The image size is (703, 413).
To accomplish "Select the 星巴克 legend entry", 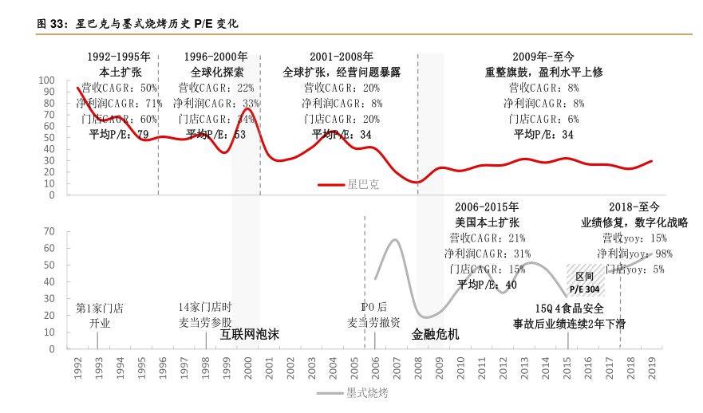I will pyautogui.click(x=349, y=184).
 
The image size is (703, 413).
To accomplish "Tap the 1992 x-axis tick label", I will pyautogui.click(x=77, y=370).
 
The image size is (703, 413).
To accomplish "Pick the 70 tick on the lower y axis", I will pyautogui.click(x=49, y=232).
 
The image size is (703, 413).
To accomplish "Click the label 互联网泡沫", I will pyautogui.click(x=250, y=335).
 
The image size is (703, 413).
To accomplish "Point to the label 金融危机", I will pyautogui.click(x=435, y=335).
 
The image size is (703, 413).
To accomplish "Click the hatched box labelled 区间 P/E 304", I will pyautogui.click(x=586, y=281).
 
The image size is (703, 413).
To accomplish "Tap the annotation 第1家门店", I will pyautogui.click(x=99, y=308).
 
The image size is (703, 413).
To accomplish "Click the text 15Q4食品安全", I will pyautogui.click(x=569, y=309).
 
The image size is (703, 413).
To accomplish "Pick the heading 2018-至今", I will pyautogui.click(x=634, y=206).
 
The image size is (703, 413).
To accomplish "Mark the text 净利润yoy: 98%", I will pyautogui.click(x=635, y=254).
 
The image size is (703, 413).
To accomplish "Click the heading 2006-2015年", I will pyautogui.click(x=486, y=206).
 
